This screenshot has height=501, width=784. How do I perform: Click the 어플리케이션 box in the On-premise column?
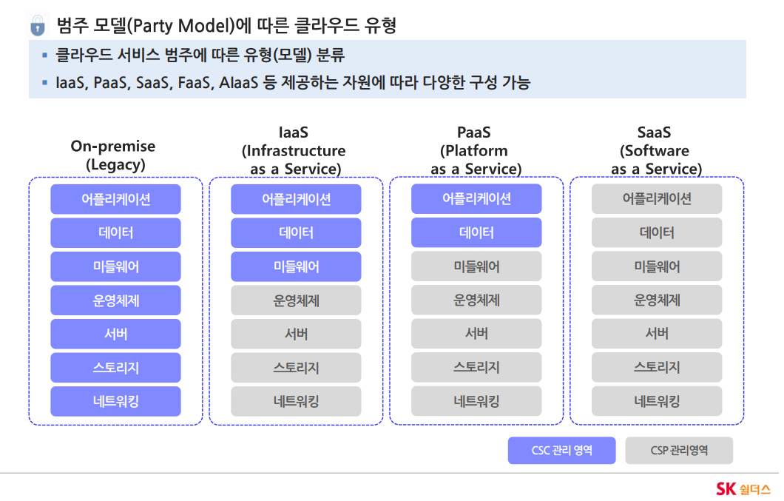click(115, 199)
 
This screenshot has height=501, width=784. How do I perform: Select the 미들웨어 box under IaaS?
click(296, 266)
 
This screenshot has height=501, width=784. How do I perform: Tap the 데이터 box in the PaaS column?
click(476, 232)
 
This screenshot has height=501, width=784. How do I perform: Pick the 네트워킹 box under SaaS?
click(657, 401)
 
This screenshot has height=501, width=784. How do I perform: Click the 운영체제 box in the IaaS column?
click(296, 300)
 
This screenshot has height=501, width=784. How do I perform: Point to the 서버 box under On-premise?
click(115, 334)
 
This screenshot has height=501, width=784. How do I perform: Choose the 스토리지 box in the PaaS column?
click(476, 367)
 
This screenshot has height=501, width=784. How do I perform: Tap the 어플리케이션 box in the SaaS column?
click(657, 199)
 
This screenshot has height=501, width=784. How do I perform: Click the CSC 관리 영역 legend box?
click(562, 451)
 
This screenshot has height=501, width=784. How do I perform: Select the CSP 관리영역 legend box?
click(679, 451)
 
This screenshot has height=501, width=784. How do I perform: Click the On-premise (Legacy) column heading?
click(113, 155)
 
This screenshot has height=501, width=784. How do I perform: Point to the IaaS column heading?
click(294, 151)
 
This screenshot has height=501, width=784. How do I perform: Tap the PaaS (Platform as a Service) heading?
click(475, 151)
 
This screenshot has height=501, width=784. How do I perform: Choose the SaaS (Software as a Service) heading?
click(655, 151)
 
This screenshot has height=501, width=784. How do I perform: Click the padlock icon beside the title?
click(38, 25)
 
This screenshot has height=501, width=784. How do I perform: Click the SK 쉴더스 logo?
click(743, 488)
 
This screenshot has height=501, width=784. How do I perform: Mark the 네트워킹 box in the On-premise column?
click(115, 401)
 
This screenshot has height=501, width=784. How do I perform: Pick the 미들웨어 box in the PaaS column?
click(476, 266)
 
